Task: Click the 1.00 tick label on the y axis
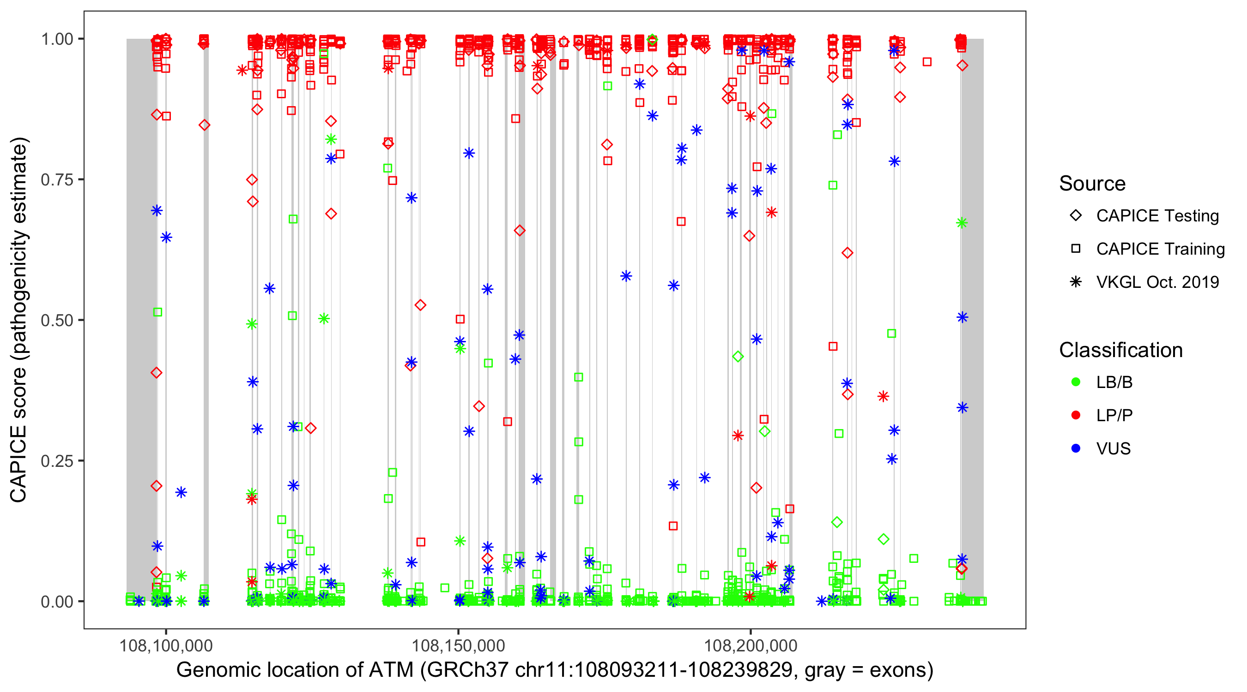coord(57,39)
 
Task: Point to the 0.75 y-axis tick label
coord(57,179)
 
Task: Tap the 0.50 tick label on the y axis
coord(57,320)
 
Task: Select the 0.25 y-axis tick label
coord(57,460)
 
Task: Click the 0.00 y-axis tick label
coord(57,601)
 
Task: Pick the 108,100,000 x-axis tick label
coord(166,645)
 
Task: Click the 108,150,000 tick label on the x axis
coord(459,645)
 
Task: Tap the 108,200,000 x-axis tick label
coord(751,645)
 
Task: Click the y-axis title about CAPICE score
coord(19,320)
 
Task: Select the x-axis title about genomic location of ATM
coord(554,670)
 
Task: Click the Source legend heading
coord(1092,184)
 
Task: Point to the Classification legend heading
coord(1120,350)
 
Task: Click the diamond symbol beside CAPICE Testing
coord(1076,216)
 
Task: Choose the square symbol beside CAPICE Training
coord(1076,249)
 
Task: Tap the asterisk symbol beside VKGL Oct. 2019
coord(1076,282)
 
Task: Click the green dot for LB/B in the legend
coord(1076,382)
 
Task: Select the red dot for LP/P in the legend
coord(1076,415)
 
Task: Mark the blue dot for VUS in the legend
coord(1076,448)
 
